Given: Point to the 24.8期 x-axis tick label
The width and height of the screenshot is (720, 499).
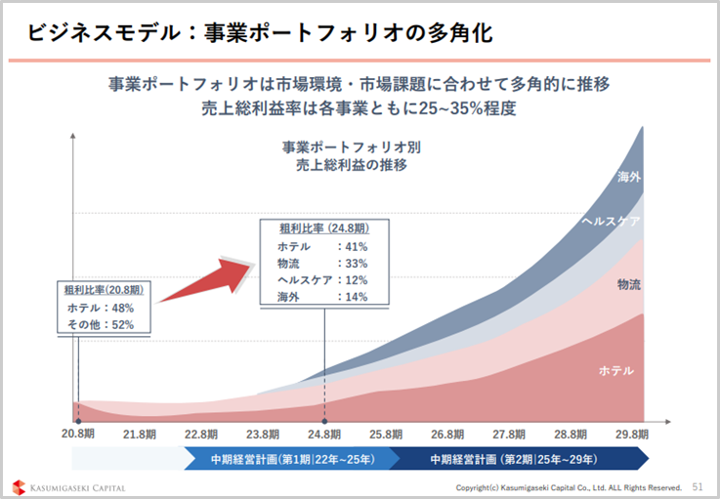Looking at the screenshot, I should coord(325,434).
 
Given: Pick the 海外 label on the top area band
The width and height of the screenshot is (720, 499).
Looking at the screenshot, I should coord(629,178).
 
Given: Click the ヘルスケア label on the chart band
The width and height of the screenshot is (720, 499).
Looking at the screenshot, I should coord(611,222).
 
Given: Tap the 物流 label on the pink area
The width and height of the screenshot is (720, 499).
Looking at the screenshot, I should coord(629,284).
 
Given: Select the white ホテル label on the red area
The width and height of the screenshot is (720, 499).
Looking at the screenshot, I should coord(615,371).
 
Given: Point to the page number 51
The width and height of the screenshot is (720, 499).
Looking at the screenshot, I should coord(698,485).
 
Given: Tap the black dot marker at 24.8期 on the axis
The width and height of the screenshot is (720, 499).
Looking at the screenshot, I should coord(325,421).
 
